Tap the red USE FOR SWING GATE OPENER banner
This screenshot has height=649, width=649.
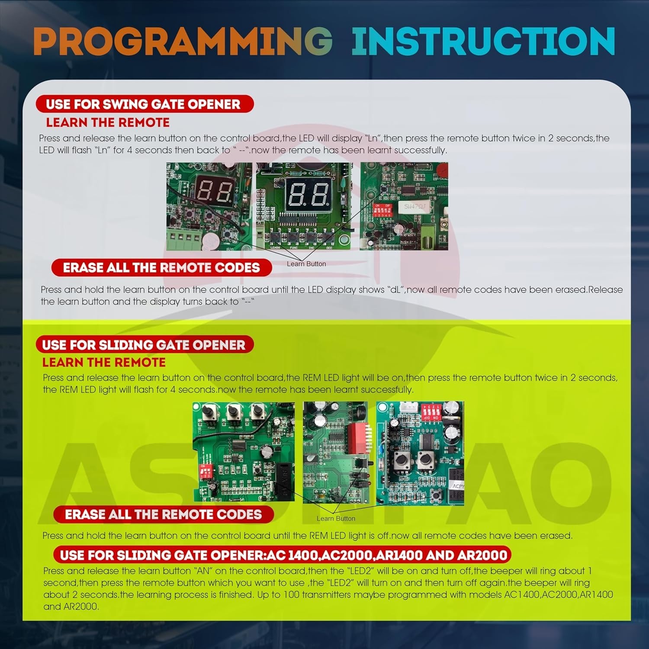pos(145,104)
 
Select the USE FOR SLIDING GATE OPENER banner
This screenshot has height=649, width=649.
pos(145,345)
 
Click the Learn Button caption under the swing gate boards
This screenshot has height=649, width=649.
pos(306,264)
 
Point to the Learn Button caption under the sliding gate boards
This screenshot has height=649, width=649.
pos(336,518)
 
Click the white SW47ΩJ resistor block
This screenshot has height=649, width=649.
pos(415,207)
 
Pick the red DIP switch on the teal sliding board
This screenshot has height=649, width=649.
pos(431,411)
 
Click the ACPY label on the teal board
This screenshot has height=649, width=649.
pos(458,486)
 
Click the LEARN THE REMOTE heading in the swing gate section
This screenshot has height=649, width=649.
pos(108,122)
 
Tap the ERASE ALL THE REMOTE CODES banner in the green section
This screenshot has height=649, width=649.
pos(164,514)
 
